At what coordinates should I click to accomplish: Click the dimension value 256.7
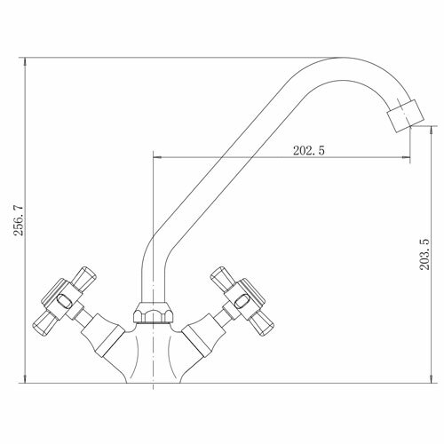tap(20, 220)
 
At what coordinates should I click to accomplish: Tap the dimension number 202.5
tap(309, 151)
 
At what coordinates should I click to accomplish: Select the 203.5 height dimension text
tap(424, 254)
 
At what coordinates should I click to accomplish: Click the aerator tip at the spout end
tap(406, 116)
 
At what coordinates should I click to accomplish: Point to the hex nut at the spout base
tap(153, 313)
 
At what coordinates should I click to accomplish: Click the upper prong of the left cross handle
tap(83, 278)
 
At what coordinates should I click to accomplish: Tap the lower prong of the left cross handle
tap(44, 323)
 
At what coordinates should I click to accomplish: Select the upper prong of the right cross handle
tap(223, 278)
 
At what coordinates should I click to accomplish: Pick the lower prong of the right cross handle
tap(261, 323)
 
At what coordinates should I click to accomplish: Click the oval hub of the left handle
tap(64, 302)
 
